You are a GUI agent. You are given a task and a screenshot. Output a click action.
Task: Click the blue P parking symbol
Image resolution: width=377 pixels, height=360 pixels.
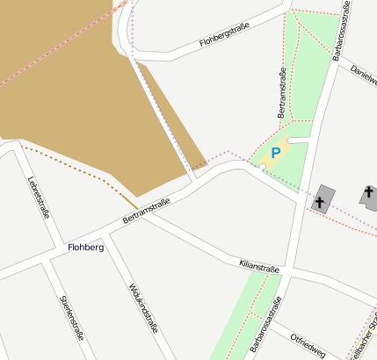[275, 153]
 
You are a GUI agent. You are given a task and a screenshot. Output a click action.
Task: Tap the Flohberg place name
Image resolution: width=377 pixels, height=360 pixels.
[86, 248]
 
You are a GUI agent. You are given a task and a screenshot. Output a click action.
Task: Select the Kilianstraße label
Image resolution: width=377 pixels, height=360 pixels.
[258, 264]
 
